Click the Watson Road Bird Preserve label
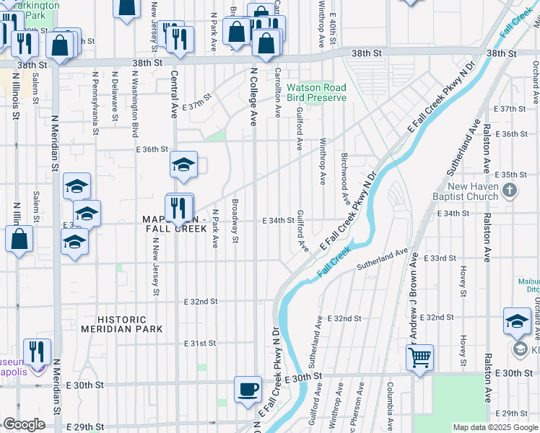(x=316, y=92)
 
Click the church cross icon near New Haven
(x=510, y=191)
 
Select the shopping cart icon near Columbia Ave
(x=419, y=357)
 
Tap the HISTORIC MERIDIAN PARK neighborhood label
(x=123, y=324)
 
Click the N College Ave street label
(x=253, y=97)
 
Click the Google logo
(x=24, y=424)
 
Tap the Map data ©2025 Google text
(x=495, y=427)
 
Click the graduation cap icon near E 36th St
(x=183, y=165)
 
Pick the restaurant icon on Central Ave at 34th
(x=178, y=208)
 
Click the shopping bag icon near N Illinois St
(x=19, y=240)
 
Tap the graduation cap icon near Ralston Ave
(x=517, y=321)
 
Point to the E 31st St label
(x=201, y=344)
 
